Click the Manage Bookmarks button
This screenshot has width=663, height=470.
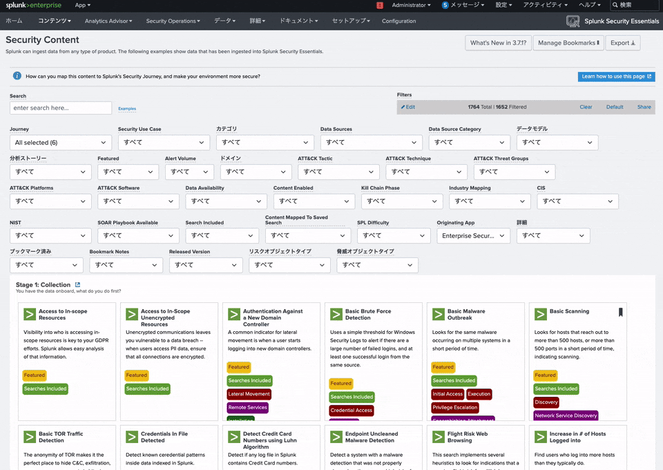click(568, 43)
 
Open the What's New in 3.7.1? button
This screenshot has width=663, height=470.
click(498, 43)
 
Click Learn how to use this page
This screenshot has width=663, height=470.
click(616, 77)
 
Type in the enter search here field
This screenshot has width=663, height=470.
click(61, 108)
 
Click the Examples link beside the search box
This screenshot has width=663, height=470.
click(127, 108)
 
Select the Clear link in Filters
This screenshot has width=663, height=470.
click(586, 107)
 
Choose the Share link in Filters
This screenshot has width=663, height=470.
click(644, 107)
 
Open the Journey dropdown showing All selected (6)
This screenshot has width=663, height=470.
click(61, 142)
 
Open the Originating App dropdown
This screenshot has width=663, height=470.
click(473, 235)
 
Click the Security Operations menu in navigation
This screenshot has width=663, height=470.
click(173, 21)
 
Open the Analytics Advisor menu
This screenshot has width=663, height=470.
click(108, 21)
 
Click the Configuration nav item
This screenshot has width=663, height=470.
click(398, 21)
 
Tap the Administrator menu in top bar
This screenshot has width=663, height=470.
click(411, 5)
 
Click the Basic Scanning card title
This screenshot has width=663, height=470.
click(569, 311)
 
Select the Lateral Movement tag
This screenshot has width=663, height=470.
click(249, 394)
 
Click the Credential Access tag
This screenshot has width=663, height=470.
click(352, 410)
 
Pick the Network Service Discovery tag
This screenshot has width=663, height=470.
click(566, 415)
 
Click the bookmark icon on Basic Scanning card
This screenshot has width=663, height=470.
click(620, 312)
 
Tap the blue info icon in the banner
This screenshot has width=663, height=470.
click(17, 76)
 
